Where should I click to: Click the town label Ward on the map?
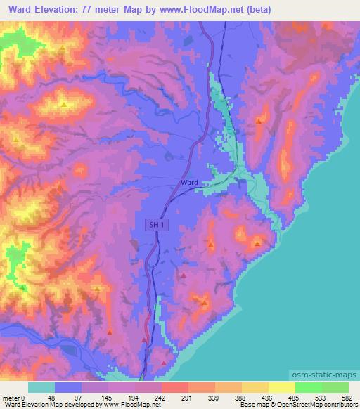(x=190, y=182)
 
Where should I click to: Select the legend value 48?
(x=51, y=397)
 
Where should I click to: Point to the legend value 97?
(x=77, y=397)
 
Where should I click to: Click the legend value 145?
(x=105, y=397)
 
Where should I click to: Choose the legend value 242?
(x=160, y=397)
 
